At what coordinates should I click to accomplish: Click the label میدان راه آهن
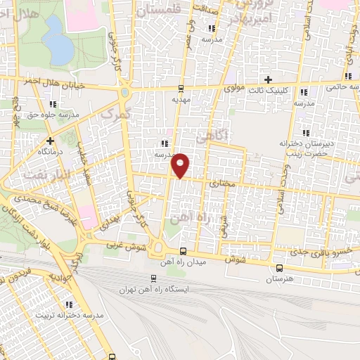[184, 262]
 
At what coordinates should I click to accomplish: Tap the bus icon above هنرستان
[280, 268]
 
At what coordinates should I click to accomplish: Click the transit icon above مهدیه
[182, 89]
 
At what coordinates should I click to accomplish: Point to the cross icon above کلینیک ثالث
[267, 79]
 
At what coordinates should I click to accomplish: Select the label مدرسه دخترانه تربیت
[69, 316]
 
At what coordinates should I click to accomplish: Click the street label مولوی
[233, 89]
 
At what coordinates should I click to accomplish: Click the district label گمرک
[115, 112]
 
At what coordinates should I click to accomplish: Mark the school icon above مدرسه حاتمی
[348, 76]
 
